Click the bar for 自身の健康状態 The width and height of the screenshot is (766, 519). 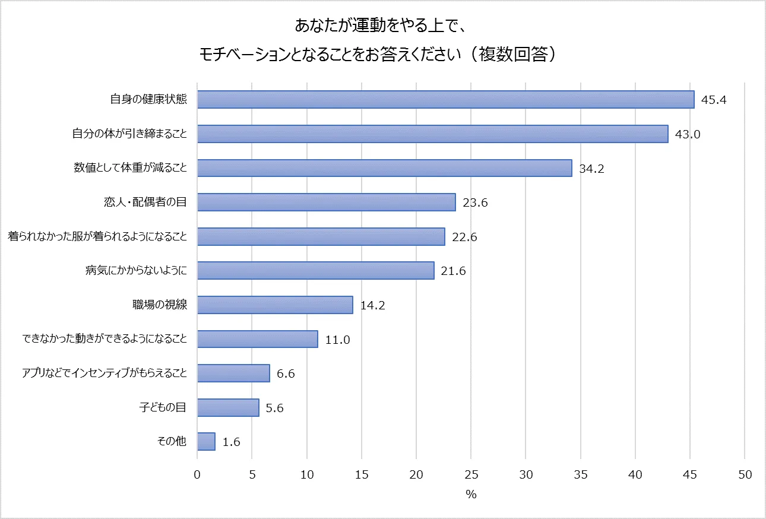tap(445, 100)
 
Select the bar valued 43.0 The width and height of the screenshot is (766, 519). tap(432, 134)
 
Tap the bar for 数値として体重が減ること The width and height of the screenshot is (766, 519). tap(384, 168)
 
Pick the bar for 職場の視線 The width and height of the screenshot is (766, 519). tap(275, 305)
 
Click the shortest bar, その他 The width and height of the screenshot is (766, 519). tap(206, 442)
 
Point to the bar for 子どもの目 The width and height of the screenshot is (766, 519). tap(228, 408)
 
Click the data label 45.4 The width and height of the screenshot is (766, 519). tap(714, 100)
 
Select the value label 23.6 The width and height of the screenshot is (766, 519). tap(475, 203)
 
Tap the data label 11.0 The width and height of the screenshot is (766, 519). tap(337, 340)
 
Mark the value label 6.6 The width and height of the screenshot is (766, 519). tap(286, 374)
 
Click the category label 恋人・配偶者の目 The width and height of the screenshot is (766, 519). tap(145, 202)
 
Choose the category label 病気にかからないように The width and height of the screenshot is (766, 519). tap(137, 271)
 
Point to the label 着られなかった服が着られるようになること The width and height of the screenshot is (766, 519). tap(97, 237)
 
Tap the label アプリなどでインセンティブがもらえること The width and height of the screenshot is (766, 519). tap(105, 374)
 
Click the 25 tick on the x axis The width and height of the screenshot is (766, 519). tap(471, 475)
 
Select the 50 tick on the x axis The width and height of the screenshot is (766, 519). tap(745, 475)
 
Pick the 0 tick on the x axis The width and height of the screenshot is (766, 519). tap(197, 475)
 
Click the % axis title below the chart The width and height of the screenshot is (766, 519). tap(471, 495)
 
